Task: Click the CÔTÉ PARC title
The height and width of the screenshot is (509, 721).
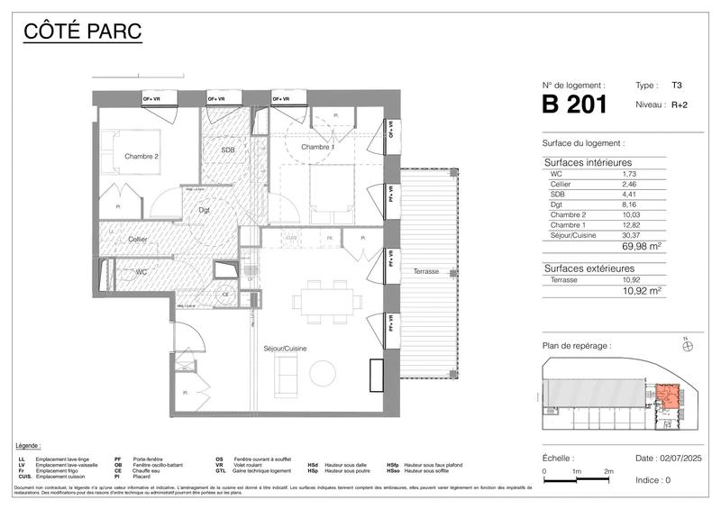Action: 81,33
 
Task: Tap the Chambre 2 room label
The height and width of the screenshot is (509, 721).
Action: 142,156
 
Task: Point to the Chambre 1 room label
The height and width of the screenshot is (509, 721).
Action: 318,147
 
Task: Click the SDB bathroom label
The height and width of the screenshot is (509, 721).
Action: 228,150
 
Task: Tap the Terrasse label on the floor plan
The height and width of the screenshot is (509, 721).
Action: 426,271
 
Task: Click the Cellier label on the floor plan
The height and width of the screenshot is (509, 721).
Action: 137,239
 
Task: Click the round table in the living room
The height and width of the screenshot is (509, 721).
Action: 323,371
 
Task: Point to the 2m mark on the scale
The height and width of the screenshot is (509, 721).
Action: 608,472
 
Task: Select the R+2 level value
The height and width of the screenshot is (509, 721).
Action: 682,105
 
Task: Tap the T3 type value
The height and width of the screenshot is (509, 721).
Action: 676,85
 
